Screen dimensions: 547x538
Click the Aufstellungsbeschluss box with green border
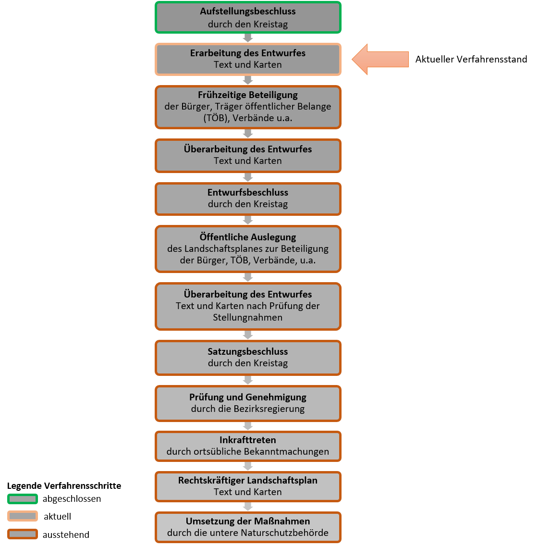[248, 17]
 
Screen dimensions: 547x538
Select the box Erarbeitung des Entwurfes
[248, 59]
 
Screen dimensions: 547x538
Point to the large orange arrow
[380, 59]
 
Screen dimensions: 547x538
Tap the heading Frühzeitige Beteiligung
[248, 95]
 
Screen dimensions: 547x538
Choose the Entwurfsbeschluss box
[248, 199]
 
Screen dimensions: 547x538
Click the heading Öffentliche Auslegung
[248, 237]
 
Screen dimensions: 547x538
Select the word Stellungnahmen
[248, 317]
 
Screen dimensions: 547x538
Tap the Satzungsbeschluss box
[248, 358]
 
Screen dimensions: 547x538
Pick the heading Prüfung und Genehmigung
[248, 398]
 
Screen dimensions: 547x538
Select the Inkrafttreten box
[248, 446]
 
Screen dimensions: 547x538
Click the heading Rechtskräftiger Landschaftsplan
[248, 480]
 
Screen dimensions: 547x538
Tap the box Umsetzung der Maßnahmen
[248, 527]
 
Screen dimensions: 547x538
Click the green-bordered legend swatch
[23, 499]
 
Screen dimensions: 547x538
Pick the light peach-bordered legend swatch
[23, 516]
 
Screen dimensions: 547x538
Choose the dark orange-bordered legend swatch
[23, 534]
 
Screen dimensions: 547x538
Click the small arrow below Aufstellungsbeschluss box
[248, 38]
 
